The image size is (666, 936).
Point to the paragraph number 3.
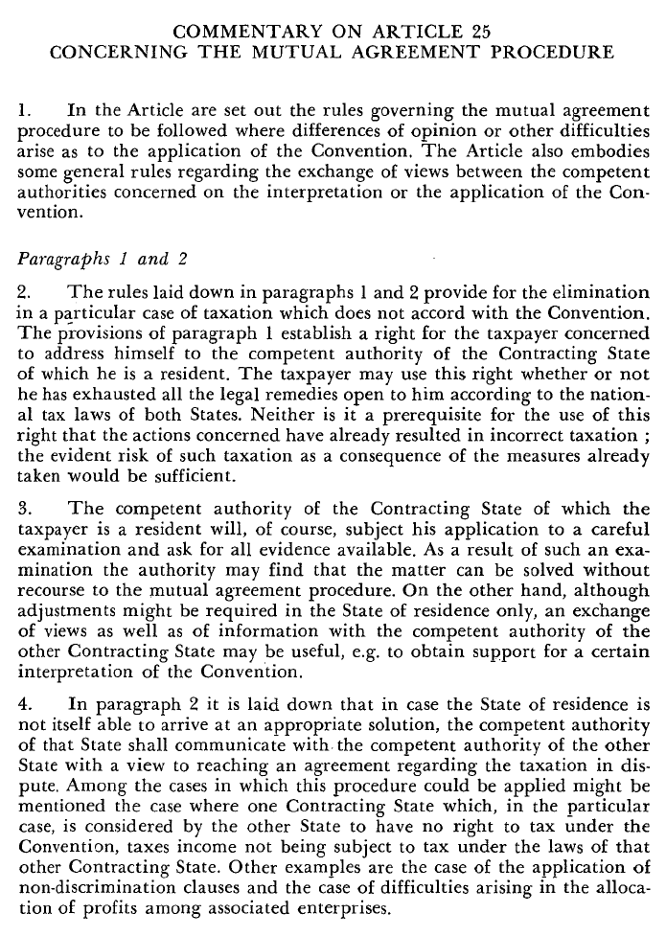point(25,509)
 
